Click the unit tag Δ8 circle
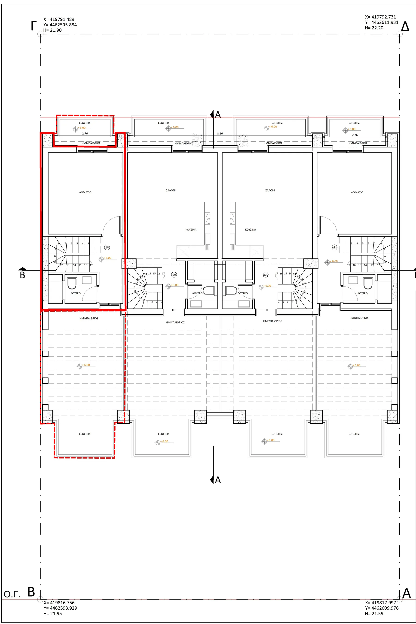click(x=107, y=247)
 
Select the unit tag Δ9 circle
click(x=174, y=275)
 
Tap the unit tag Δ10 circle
click(x=266, y=275)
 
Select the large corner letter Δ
click(x=405, y=27)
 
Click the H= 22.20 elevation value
click(x=374, y=28)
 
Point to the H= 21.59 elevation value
click(x=374, y=613)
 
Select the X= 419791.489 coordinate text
click(x=59, y=19)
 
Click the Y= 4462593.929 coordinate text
click(x=60, y=608)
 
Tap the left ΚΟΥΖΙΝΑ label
click(x=191, y=230)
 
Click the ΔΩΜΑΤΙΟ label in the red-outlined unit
click(x=85, y=192)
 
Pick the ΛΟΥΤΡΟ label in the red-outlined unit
click(x=76, y=294)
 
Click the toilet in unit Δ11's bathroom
click(x=367, y=283)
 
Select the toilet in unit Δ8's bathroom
click(x=72, y=283)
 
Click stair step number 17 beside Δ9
click(x=163, y=274)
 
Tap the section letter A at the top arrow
click(x=218, y=115)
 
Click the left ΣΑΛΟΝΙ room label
click(x=171, y=190)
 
